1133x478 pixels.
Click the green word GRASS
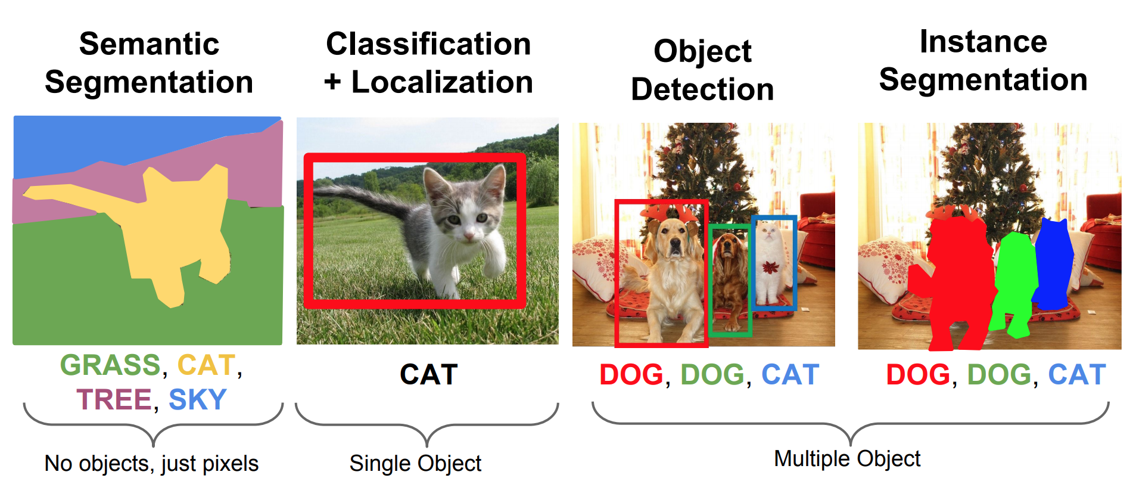(x=110, y=365)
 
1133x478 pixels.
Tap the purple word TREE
(x=114, y=399)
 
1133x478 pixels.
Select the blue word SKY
(x=198, y=399)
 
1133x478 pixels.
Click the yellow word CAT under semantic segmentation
(x=206, y=365)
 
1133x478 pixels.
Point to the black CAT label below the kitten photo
(x=428, y=375)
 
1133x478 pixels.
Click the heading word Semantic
(x=149, y=44)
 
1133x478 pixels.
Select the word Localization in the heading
(x=442, y=82)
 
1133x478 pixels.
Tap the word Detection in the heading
(x=702, y=89)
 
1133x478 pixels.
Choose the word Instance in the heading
(x=983, y=42)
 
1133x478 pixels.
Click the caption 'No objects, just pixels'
(x=151, y=463)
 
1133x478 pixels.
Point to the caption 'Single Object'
(x=415, y=463)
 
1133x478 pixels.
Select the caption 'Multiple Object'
(x=847, y=458)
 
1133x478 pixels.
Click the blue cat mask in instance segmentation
(x=1054, y=262)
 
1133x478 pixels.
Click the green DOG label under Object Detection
(x=712, y=375)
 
